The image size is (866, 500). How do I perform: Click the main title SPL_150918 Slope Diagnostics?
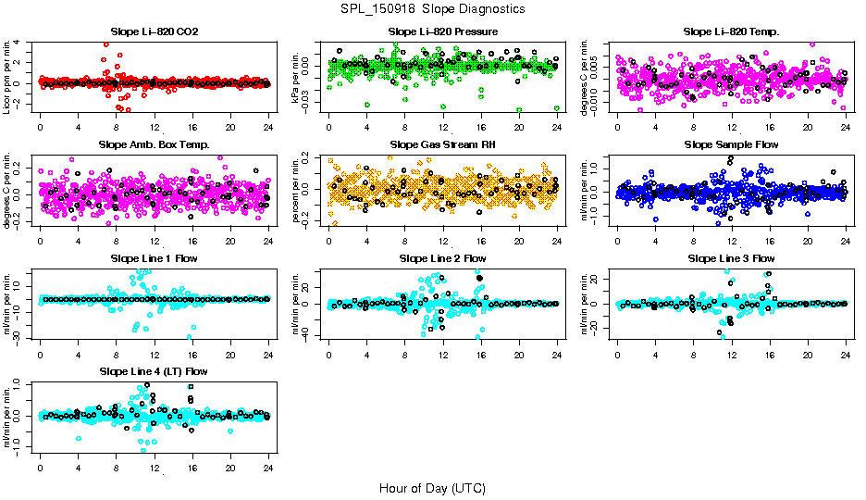432,8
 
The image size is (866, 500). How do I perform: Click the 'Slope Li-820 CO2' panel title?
155,31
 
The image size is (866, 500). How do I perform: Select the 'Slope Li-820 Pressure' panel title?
442,31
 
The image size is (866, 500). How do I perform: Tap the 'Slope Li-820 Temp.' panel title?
731,31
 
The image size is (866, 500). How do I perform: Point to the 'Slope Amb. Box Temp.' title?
155,144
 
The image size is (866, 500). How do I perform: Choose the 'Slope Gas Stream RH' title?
442,144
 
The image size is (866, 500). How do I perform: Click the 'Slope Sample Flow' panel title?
731,144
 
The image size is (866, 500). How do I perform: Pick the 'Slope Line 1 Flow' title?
155,258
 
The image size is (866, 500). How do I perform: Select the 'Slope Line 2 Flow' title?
442,258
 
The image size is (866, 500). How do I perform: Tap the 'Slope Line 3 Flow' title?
731,258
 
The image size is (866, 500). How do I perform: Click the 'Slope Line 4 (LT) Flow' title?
155,371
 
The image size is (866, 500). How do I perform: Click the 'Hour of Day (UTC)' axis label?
432,488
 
